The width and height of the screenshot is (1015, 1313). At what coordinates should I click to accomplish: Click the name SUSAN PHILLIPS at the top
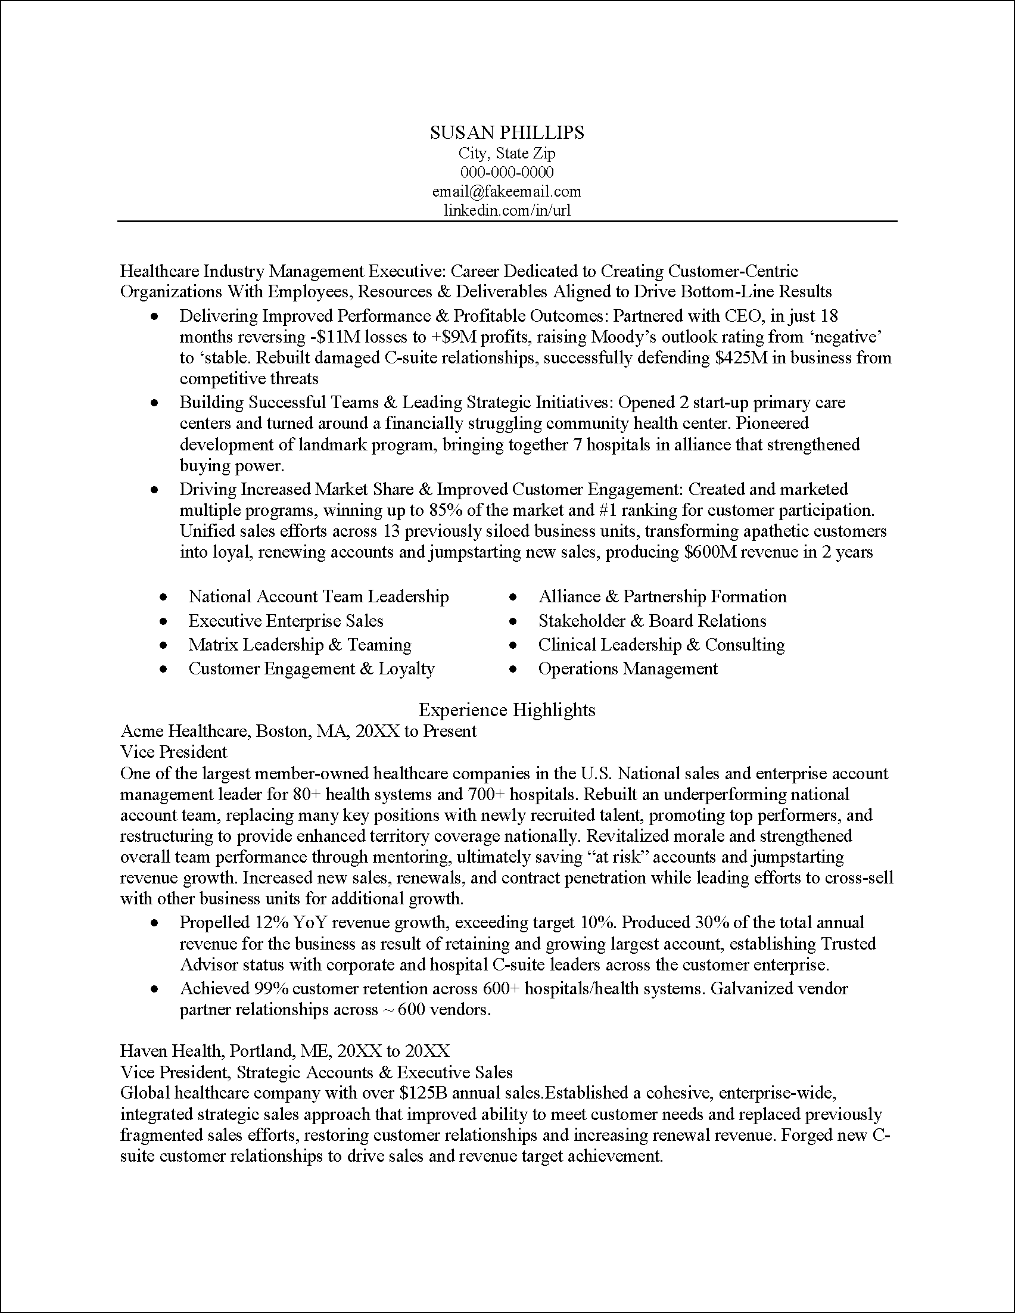pyautogui.click(x=506, y=132)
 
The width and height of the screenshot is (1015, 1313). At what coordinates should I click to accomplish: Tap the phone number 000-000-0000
pyautogui.click(x=506, y=173)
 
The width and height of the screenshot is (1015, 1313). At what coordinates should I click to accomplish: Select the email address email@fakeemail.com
pyautogui.click(x=506, y=192)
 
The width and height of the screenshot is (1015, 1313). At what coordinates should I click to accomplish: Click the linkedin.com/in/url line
pyautogui.click(x=506, y=211)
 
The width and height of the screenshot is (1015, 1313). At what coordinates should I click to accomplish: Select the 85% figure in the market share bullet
pyautogui.click(x=446, y=511)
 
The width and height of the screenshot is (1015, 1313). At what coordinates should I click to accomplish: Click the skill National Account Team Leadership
pyautogui.click(x=319, y=596)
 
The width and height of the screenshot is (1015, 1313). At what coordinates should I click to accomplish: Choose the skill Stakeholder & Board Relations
pyautogui.click(x=652, y=620)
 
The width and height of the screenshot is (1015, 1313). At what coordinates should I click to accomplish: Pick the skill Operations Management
pyautogui.click(x=628, y=668)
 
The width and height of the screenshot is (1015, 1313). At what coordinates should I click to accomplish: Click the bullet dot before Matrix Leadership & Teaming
pyautogui.click(x=163, y=645)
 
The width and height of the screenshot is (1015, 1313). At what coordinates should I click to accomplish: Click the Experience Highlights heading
pyautogui.click(x=506, y=710)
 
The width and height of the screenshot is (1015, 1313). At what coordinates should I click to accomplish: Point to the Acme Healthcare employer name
pyautogui.click(x=186, y=731)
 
